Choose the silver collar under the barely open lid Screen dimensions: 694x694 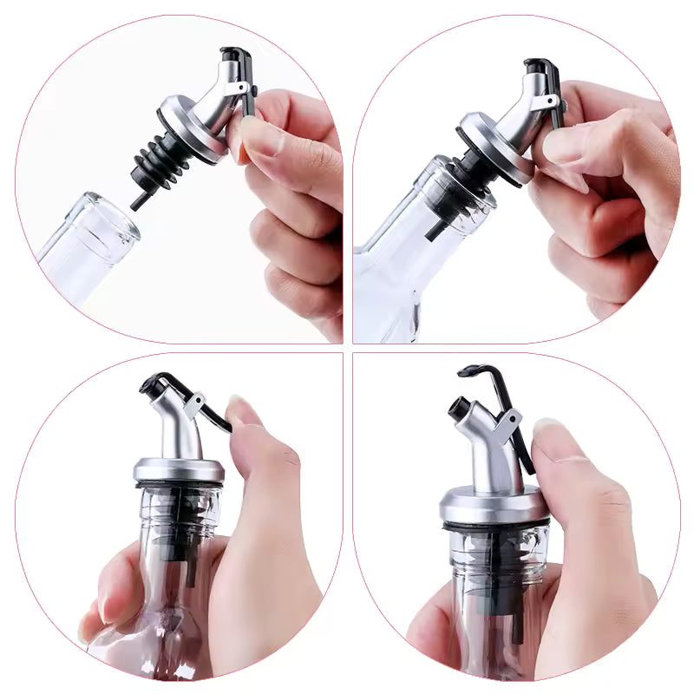(x=179, y=469)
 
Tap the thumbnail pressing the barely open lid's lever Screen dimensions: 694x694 (x=244, y=411)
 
